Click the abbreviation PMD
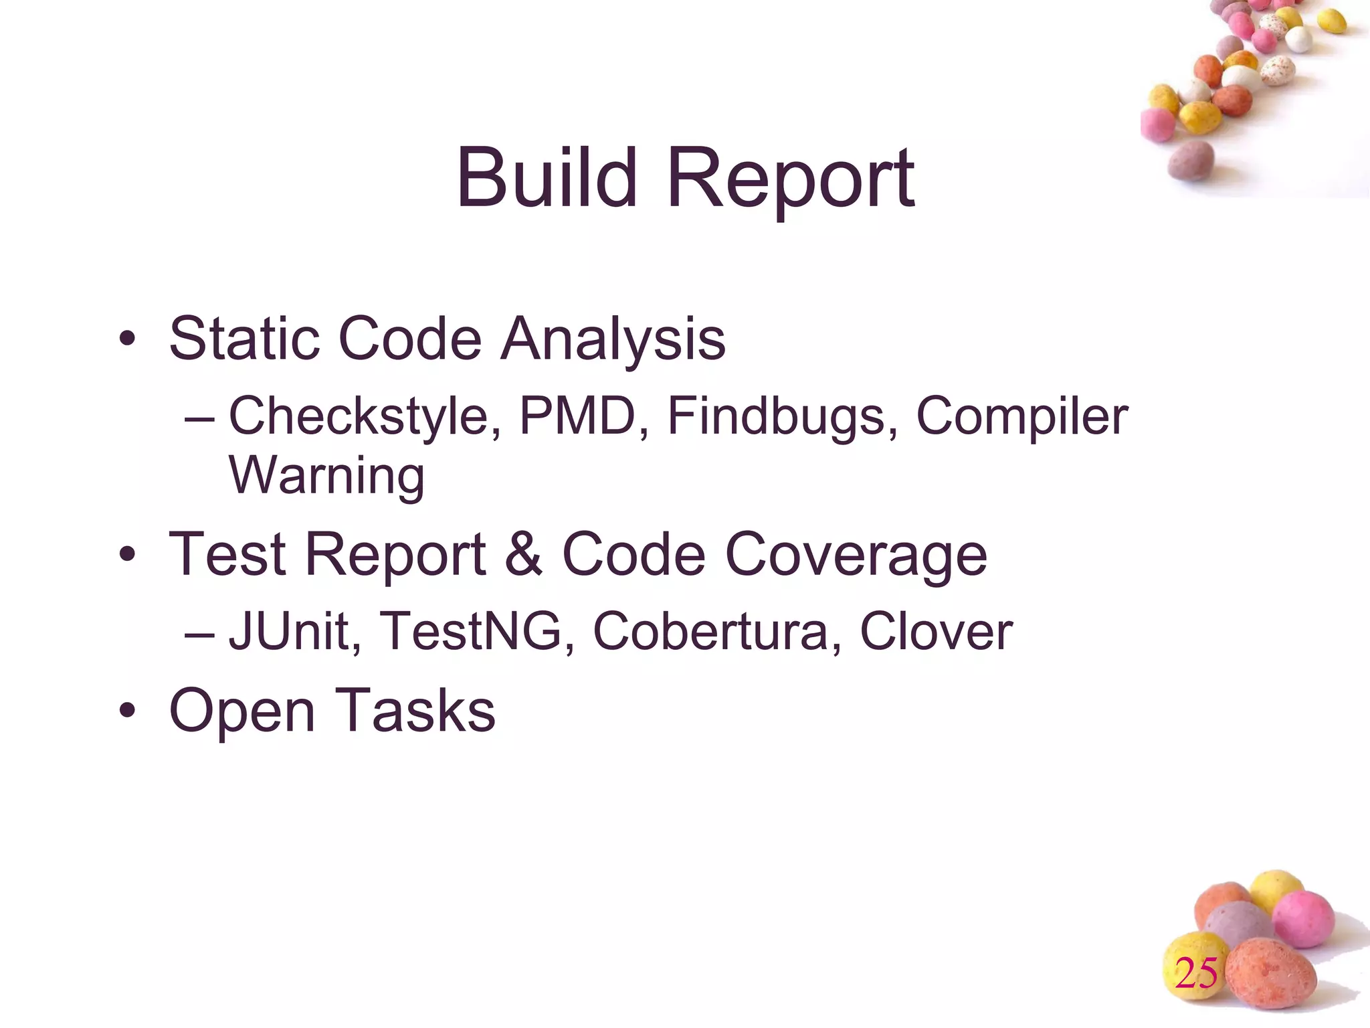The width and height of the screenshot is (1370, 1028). [x=577, y=416]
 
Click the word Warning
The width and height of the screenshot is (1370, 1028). [x=326, y=476]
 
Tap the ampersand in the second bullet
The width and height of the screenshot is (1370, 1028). [x=524, y=554]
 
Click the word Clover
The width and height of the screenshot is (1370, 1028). [x=935, y=631]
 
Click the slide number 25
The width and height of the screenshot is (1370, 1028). [x=1196, y=973]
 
